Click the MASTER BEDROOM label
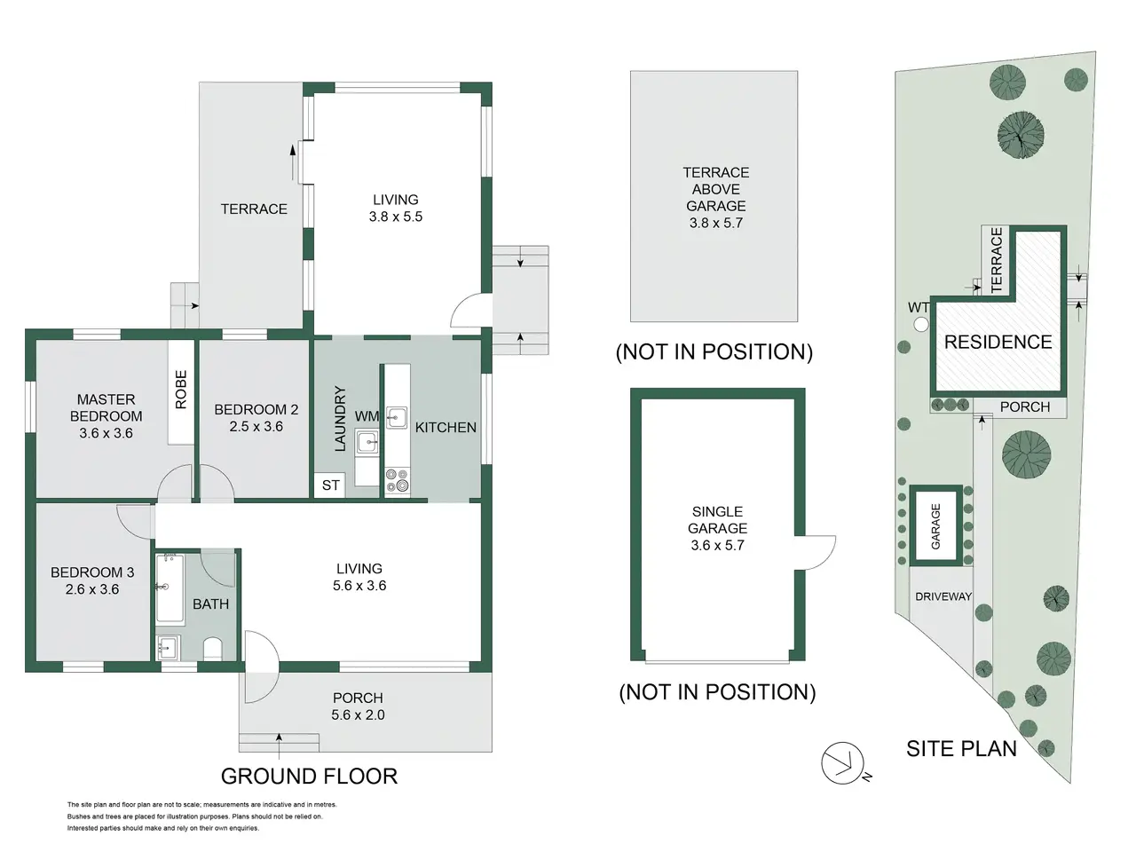click(106, 407)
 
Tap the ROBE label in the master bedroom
click(181, 390)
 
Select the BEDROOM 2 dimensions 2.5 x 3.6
click(256, 427)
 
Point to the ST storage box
click(330, 485)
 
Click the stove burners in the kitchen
click(397, 480)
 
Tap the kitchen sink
click(397, 418)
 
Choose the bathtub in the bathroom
click(170, 588)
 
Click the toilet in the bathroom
click(213, 649)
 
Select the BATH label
click(210, 604)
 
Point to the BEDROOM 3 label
click(92, 572)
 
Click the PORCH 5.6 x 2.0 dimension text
click(359, 715)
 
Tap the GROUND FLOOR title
click(310, 777)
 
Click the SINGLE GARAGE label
click(717, 520)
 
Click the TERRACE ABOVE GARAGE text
click(715, 189)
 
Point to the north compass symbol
click(843, 763)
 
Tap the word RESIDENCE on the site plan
click(998, 342)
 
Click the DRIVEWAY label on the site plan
click(943, 596)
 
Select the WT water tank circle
click(921, 325)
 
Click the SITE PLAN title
click(961, 749)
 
